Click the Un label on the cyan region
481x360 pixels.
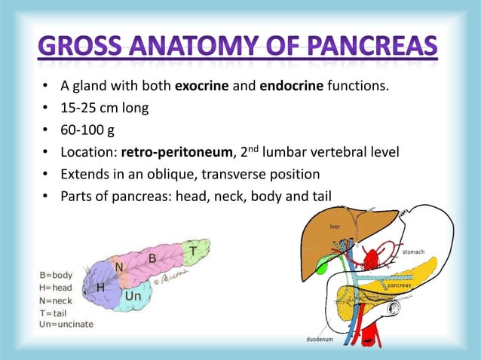[133, 297]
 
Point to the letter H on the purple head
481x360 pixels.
[100, 288]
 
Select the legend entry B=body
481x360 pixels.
[57, 275]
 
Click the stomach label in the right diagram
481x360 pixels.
[412, 252]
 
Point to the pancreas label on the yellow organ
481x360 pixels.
[400, 286]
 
